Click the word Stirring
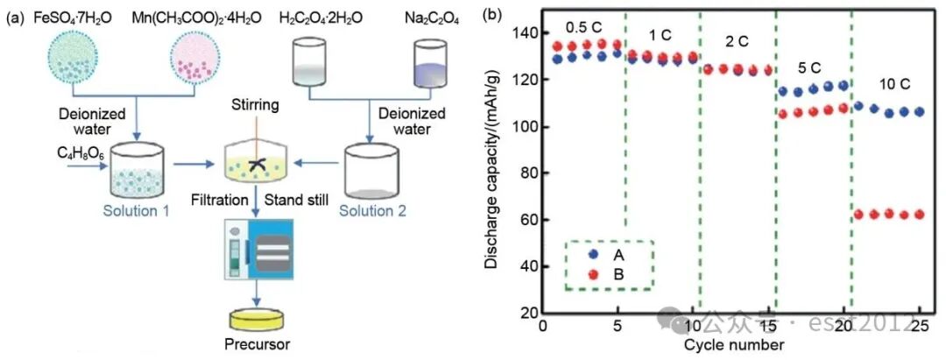click(254, 106)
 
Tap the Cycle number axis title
click(734, 344)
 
